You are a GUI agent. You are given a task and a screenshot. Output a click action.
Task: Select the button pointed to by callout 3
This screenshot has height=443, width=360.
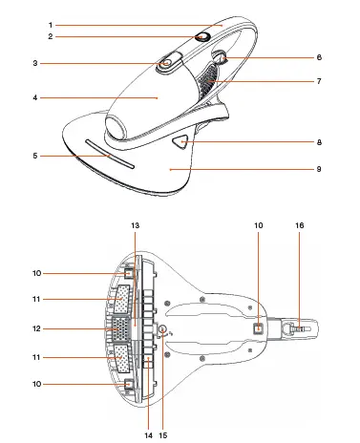[166, 63]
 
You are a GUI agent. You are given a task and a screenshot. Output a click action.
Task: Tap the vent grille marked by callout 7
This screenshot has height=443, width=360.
[205, 86]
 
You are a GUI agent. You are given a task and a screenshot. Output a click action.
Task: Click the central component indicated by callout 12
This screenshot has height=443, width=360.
[125, 330]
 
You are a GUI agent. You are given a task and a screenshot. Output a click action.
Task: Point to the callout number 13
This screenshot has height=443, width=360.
[137, 250]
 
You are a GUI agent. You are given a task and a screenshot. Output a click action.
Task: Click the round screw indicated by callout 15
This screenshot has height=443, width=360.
[161, 331]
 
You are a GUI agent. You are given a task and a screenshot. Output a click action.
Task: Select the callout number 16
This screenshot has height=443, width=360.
[300, 251]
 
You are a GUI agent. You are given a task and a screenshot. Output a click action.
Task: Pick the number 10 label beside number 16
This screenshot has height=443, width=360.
[259, 251]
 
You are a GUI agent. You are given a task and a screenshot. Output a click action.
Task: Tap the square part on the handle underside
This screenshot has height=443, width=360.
[259, 328]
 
